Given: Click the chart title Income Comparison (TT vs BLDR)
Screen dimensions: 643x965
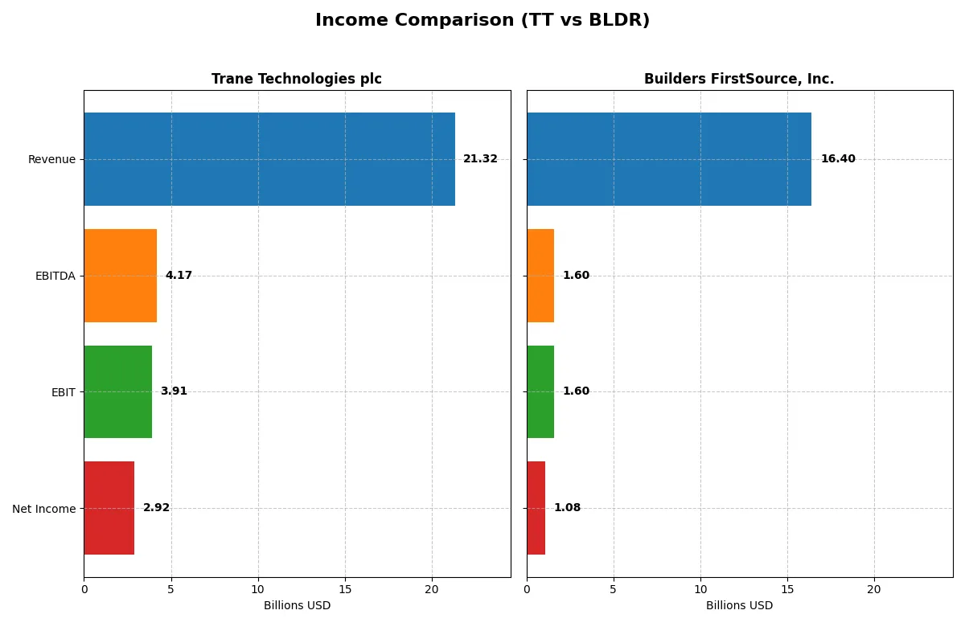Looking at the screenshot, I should tap(482, 21).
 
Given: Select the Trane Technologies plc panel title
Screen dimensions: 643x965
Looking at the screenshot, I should tap(296, 79).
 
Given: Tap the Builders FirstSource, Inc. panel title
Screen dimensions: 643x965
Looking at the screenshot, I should tap(738, 79).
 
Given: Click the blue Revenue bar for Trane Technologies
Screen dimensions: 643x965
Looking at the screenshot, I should tap(269, 159).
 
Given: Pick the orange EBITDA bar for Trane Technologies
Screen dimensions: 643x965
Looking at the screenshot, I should tap(120, 276).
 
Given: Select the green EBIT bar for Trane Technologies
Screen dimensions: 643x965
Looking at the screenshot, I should tap(117, 391).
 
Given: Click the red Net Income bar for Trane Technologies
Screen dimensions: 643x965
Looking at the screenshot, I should tap(109, 508).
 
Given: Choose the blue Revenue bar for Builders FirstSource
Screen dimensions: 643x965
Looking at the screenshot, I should tap(668, 159).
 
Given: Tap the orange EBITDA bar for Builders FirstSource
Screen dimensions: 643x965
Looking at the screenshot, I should tap(540, 276).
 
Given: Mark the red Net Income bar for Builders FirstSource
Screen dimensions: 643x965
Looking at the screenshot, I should tap(536, 508).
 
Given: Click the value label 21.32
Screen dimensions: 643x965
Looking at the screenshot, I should tap(480, 159).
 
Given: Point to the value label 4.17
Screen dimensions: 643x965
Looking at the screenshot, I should tap(179, 276).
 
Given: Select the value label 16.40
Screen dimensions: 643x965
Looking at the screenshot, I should tap(838, 159).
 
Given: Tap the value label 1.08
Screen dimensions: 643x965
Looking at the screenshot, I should tap(567, 508).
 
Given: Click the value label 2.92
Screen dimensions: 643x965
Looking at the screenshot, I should tap(156, 508).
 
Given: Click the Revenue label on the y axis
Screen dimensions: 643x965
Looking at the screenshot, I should tap(51, 159).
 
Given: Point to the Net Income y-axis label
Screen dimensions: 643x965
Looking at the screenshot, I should tap(43, 509).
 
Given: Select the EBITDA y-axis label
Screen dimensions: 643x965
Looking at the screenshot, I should tap(55, 276).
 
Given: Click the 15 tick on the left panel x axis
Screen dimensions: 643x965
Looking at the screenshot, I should tap(345, 589).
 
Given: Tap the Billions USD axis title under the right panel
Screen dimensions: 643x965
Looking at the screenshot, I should tap(739, 605).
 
